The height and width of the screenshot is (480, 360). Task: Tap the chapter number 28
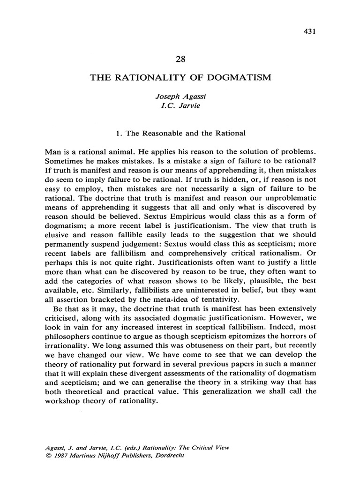pyautogui.click(x=180, y=60)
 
